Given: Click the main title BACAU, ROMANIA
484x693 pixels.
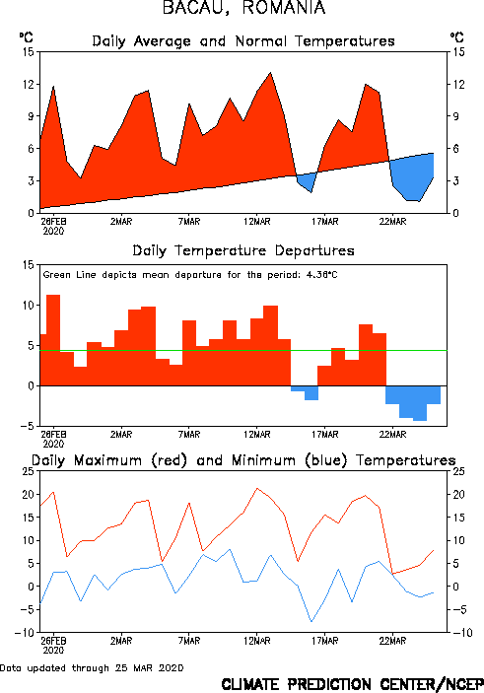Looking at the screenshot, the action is [x=244, y=8].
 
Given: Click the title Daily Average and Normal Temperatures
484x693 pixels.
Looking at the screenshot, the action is [x=243, y=41].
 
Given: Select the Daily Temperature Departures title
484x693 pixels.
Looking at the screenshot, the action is [x=243, y=250].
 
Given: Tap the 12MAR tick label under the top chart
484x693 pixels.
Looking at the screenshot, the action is [x=257, y=222].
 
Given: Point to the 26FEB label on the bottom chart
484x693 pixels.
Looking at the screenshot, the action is [x=53, y=641].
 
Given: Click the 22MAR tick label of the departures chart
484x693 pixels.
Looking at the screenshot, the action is [x=392, y=435].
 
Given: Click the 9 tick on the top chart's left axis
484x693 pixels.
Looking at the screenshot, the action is [x=31, y=116].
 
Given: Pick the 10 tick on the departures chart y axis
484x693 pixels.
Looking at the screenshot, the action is [x=29, y=305].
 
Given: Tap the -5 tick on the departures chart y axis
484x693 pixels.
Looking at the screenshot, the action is [x=27, y=426].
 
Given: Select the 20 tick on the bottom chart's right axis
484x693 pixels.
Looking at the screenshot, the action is [x=458, y=494].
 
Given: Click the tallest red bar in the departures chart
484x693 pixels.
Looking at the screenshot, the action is [x=53, y=340].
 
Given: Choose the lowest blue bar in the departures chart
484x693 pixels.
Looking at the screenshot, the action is [x=420, y=403].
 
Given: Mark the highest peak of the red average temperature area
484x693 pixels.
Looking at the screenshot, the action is [x=270, y=73].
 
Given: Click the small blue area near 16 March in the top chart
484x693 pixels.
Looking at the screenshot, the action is [x=309, y=180].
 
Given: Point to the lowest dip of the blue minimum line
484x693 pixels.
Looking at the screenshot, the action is [x=311, y=621].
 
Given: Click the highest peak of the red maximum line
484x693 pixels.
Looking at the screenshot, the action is [x=257, y=488].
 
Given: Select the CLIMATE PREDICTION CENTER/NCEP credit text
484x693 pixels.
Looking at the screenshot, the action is [x=352, y=684].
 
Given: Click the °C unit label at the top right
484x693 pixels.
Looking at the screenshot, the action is [x=457, y=37].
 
